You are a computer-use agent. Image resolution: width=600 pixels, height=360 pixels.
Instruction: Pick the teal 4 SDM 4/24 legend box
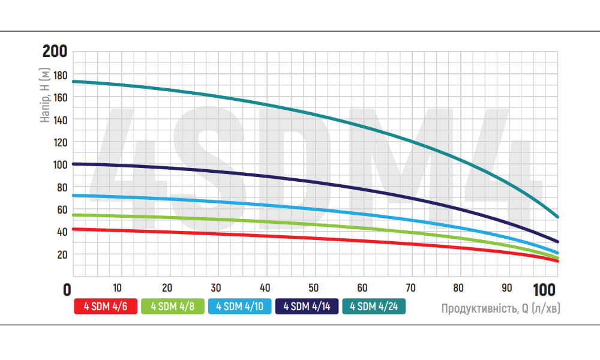373,307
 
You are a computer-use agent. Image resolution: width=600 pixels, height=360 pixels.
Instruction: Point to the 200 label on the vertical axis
55,51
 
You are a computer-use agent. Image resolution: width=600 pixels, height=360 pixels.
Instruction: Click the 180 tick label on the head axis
60,75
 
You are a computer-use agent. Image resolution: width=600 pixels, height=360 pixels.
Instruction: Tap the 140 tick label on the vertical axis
60,120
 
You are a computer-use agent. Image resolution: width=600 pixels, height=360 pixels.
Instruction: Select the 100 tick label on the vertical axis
60,164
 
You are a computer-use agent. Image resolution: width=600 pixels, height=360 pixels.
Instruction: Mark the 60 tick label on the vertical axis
62,209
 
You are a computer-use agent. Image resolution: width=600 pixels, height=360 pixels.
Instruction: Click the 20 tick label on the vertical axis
62,254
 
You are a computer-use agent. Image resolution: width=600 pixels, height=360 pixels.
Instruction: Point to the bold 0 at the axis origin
67,290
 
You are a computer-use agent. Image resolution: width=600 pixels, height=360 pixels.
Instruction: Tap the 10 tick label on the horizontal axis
118,287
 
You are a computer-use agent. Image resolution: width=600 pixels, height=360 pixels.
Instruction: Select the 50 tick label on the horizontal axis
313,287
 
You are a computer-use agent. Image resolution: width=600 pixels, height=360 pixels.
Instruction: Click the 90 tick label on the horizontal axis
508,287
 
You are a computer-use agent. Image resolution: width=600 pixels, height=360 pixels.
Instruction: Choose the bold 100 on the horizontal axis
544,290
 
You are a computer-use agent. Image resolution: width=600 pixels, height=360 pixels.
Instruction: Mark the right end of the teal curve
558,217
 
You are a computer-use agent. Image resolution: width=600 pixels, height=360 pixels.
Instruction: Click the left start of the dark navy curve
73,164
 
